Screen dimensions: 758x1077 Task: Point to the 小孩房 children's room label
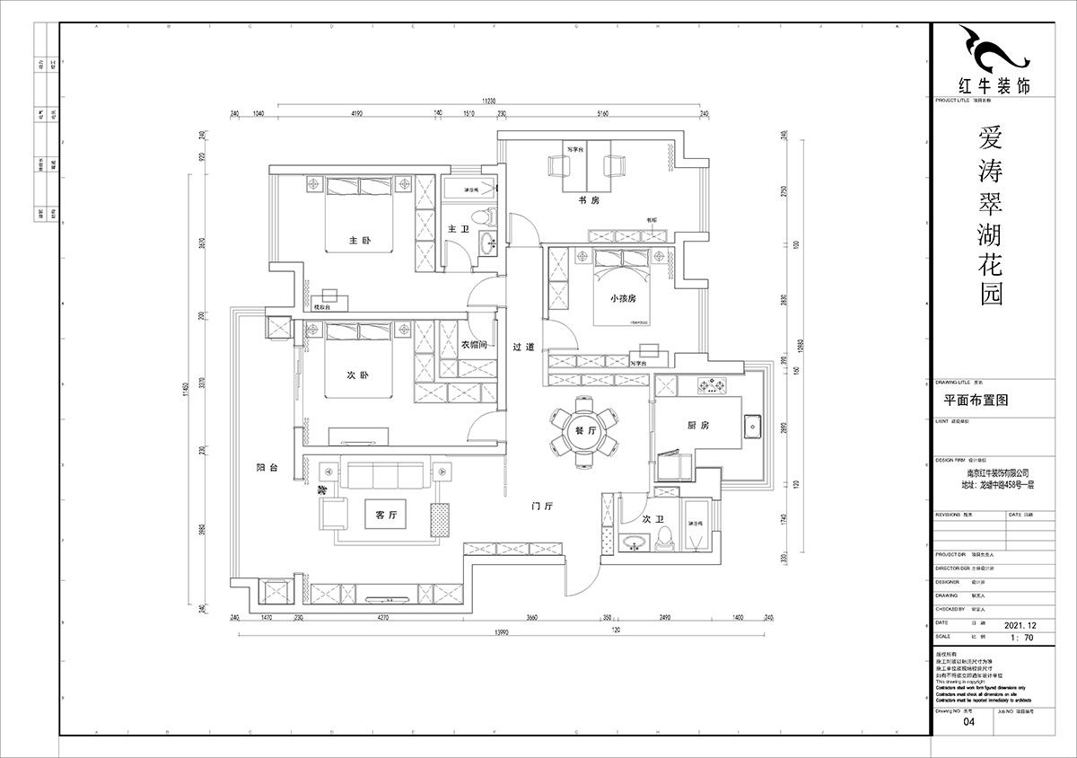click(622, 297)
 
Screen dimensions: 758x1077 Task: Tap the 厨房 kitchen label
click(698, 426)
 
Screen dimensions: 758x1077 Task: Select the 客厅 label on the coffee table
click(386, 515)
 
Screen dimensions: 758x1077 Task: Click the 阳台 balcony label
click(267, 468)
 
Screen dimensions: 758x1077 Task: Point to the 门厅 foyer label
click(541, 507)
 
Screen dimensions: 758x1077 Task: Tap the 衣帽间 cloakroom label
click(474, 345)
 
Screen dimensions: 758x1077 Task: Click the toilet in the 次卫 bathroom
click(665, 537)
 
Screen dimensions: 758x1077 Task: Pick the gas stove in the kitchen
click(714, 387)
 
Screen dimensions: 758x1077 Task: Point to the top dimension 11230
click(488, 101)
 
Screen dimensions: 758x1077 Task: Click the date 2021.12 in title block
click(1025, 623)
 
